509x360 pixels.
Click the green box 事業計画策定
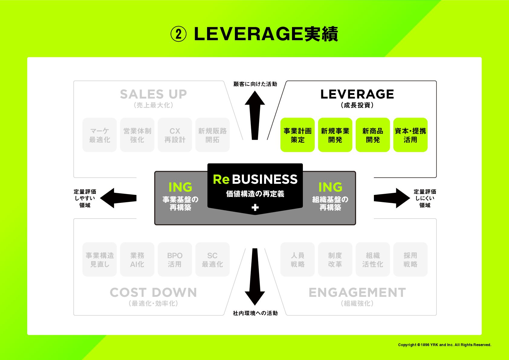pos(297,135)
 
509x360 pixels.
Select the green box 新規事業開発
pos(335,135)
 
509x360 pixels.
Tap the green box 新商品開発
pos(373,135)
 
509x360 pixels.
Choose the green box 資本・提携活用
pos(410,135)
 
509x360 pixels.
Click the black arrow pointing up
pos(255,115)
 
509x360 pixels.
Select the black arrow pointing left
pos(118,198)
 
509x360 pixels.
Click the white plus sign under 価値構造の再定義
pos(255,207)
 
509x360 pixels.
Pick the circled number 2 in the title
pos(178,34)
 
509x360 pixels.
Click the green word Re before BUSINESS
pos(221,179)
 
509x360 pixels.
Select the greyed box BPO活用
pos(175,259)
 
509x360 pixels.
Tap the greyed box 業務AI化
pos(137,259)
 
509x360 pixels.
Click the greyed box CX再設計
pos(175,135)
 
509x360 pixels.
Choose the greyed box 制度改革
pos(335,259)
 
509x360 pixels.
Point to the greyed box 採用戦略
pos(410,259)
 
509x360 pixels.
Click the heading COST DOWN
pos(153,293)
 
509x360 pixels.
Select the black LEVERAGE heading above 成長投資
pos(357,94)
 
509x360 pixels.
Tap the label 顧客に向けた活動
pos(255,84)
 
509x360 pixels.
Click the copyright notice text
pos(444,345)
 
